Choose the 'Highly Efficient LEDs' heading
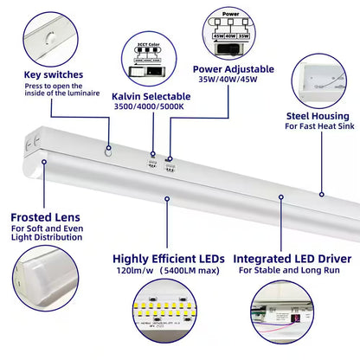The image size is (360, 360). click(168, 259)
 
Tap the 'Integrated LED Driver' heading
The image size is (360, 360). click(293, 259)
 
